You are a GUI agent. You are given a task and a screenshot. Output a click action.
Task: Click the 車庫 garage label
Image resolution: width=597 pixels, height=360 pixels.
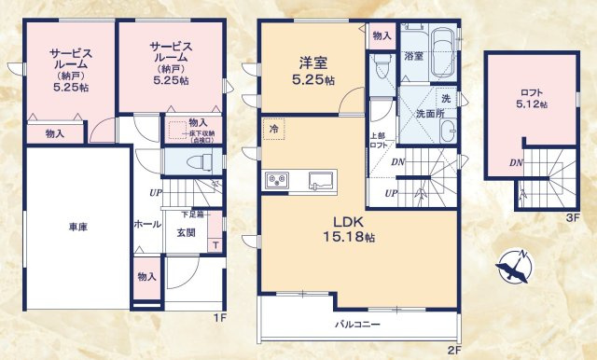click(77, 227)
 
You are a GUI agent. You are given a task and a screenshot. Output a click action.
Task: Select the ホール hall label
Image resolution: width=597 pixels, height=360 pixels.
click(146, 225)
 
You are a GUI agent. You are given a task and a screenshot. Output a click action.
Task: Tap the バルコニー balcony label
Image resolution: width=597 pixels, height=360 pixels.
click(359, 325)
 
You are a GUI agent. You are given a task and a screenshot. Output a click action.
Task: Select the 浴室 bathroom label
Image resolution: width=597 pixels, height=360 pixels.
click(413, 57)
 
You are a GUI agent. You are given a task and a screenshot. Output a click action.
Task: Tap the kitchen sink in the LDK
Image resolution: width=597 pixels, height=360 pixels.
click(321, 181)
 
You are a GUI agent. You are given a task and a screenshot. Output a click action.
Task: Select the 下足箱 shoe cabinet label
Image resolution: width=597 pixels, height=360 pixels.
click(193, 215)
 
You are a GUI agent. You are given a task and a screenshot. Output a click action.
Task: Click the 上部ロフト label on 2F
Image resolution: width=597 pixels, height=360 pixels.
click(378, 143)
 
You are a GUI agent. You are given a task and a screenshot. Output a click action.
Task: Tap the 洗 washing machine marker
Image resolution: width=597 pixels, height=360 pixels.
click(446, 98)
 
